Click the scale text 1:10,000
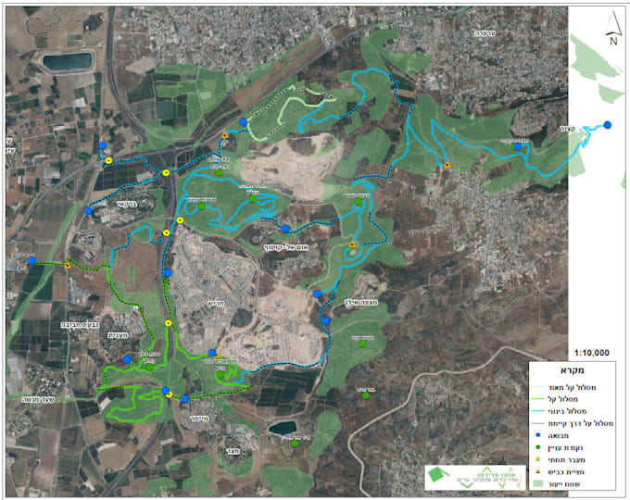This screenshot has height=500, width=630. [591, 353]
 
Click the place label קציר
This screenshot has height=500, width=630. [567, 129]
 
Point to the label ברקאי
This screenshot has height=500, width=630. [128, 204]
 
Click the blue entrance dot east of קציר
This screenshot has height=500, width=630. [608, 124]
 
